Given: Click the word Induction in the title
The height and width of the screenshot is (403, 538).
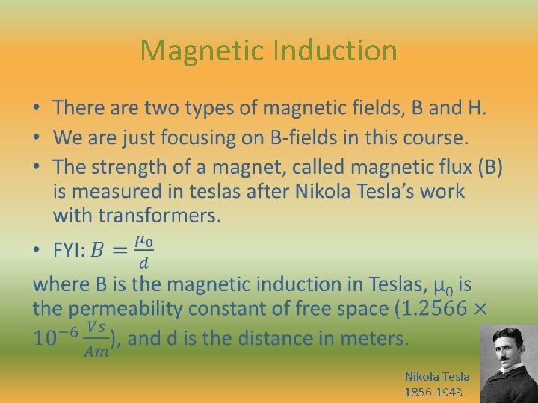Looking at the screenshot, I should tap(335, 51).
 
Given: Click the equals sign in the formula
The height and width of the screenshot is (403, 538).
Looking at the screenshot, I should tap(119, 251).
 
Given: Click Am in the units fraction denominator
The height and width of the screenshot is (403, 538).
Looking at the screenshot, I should tap(96, 352).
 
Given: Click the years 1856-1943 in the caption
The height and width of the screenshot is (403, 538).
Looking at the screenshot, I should tap(433, 392).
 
